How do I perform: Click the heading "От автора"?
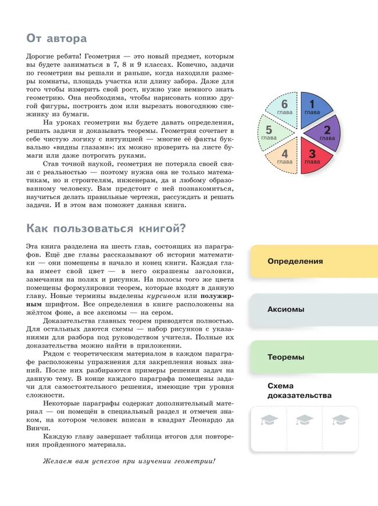click(56, 38)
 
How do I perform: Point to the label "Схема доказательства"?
click(299, 391)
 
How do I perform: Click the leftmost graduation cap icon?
click(269, 419)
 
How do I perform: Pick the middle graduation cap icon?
click(304, 419)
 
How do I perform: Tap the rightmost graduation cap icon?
click(340, 419)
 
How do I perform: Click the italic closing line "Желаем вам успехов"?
click(129, 461)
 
